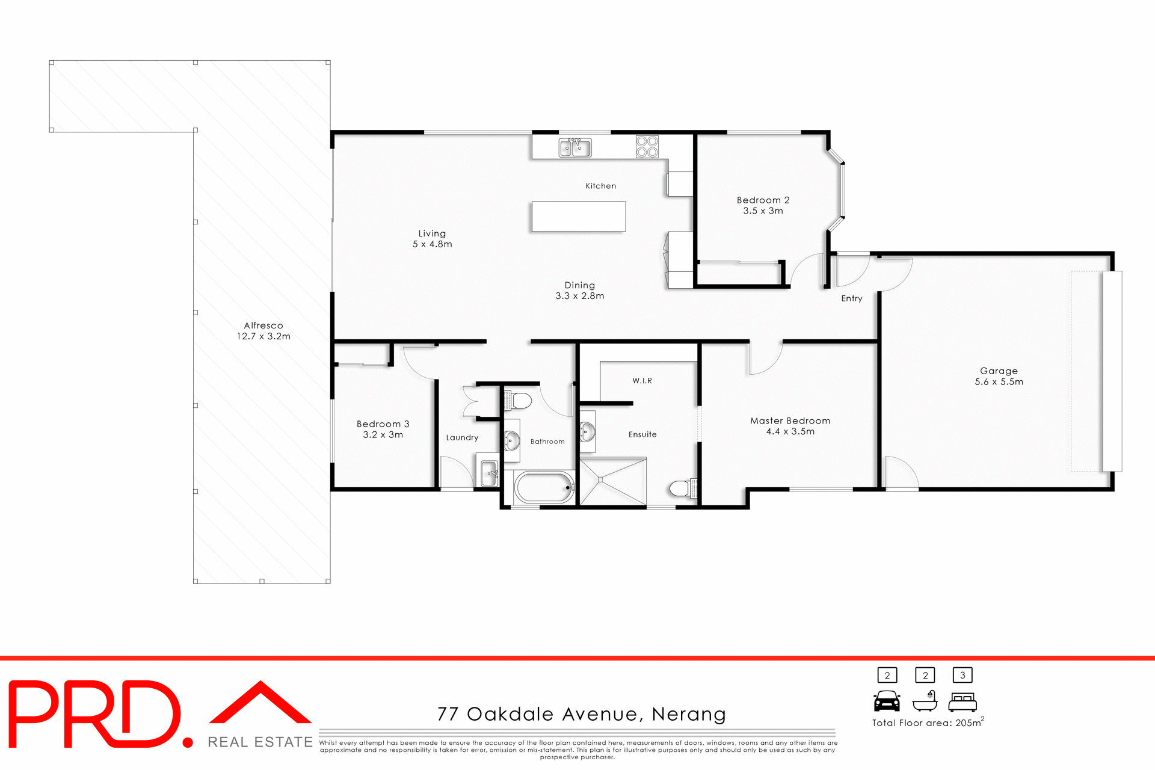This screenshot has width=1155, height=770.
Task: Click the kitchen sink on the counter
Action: tap(574, 147)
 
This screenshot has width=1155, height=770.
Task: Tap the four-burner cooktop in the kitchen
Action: tap(647, 147)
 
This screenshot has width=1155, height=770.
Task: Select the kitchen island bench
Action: tap(578, 217)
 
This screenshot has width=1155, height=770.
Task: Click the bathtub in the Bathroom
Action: tap(544, 488)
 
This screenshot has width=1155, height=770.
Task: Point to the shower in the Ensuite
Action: tap(612, 481)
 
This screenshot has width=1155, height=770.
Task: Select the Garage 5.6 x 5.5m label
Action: tap(999, 376)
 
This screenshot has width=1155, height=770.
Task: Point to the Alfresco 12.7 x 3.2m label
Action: tap(263, 331)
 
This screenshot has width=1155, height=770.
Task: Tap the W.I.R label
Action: tap(642, 381)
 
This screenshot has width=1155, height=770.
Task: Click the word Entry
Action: tap(851, 298)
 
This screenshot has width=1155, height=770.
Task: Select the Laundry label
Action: tap(462, 438)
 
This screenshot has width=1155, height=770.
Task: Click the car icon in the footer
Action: tap(887, 701)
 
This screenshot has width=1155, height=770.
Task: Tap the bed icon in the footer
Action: tap(962, 702)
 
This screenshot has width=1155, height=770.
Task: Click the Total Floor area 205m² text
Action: tap(927, 722)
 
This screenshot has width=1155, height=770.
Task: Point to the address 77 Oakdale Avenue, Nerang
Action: tap(581, 714)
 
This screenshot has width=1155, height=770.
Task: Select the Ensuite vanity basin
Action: tap(587, 431)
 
